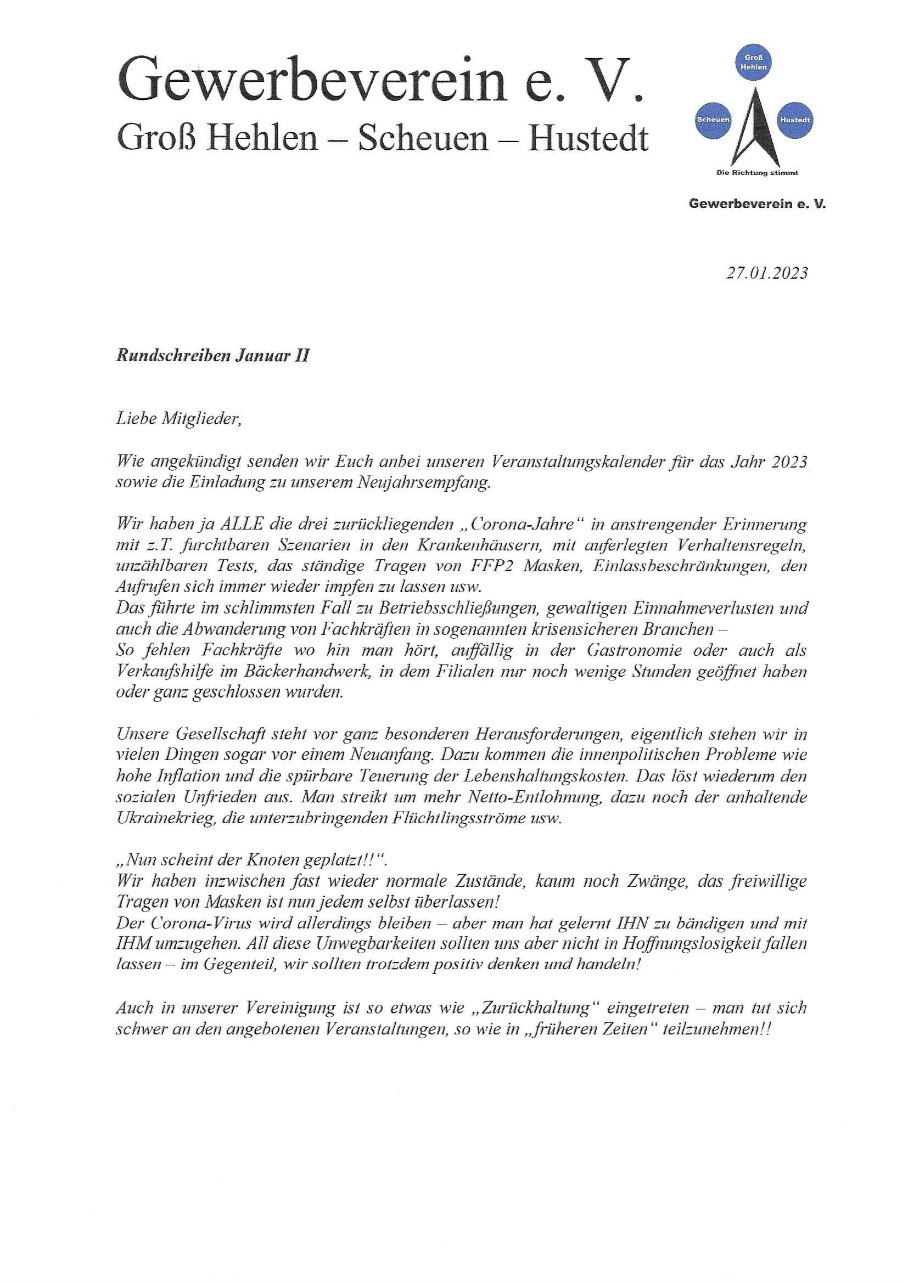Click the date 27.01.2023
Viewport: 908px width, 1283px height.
[766, 273]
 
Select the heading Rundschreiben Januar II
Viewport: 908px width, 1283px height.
[212, 357]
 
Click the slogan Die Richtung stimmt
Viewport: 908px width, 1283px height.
[757, 173]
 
